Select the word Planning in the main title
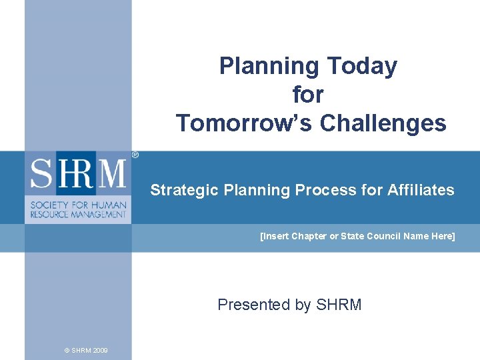point(270,66)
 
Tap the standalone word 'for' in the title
point(307,95)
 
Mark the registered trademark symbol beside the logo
point(135,155)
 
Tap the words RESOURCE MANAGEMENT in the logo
point(78,214)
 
